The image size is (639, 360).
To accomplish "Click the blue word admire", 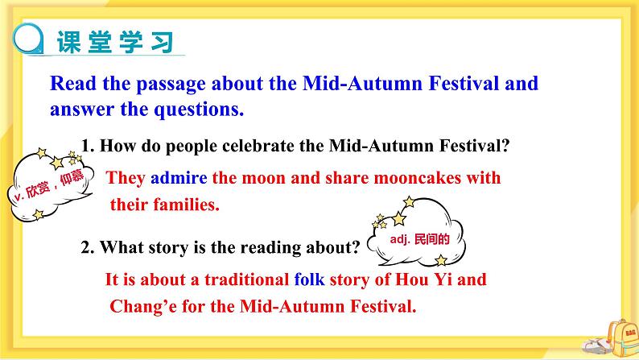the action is coord(179,178).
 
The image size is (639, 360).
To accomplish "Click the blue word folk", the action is coord(309,279).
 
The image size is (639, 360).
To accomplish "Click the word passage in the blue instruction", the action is coord(171,85).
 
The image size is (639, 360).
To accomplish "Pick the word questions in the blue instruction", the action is coord(199,110).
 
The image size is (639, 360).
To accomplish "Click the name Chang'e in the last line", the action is coord(143,306).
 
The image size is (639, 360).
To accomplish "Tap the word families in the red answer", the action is coord(186,205).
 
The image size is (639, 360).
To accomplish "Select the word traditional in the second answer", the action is coord(247,279).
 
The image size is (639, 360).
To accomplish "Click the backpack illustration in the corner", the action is coord(621,337).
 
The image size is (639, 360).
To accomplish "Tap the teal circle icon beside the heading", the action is coord(27,39).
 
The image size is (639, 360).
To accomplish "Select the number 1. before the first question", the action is coord(88,146).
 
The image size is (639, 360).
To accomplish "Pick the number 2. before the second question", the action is coord(88,247).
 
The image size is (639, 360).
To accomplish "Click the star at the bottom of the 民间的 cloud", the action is coord(440,259).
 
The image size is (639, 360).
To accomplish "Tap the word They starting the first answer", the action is coord(126,178).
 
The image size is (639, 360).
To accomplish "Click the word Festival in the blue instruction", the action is coord(464,83).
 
